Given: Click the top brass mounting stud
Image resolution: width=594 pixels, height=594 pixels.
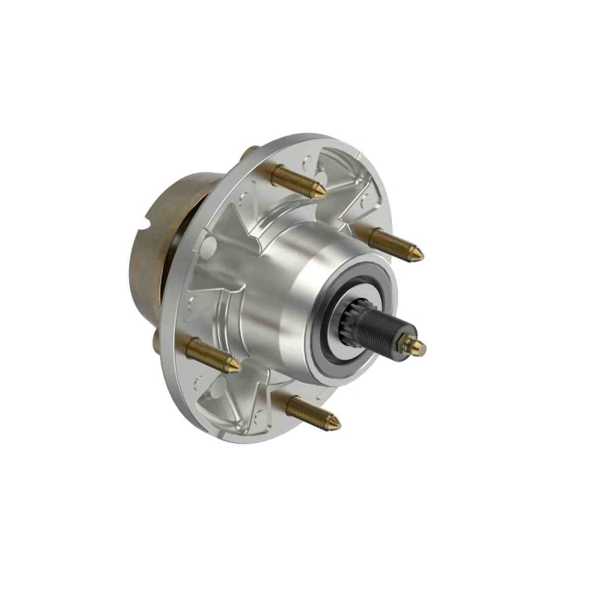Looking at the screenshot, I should [297, 181].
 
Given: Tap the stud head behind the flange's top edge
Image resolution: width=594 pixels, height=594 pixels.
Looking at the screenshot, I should [249, 153].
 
